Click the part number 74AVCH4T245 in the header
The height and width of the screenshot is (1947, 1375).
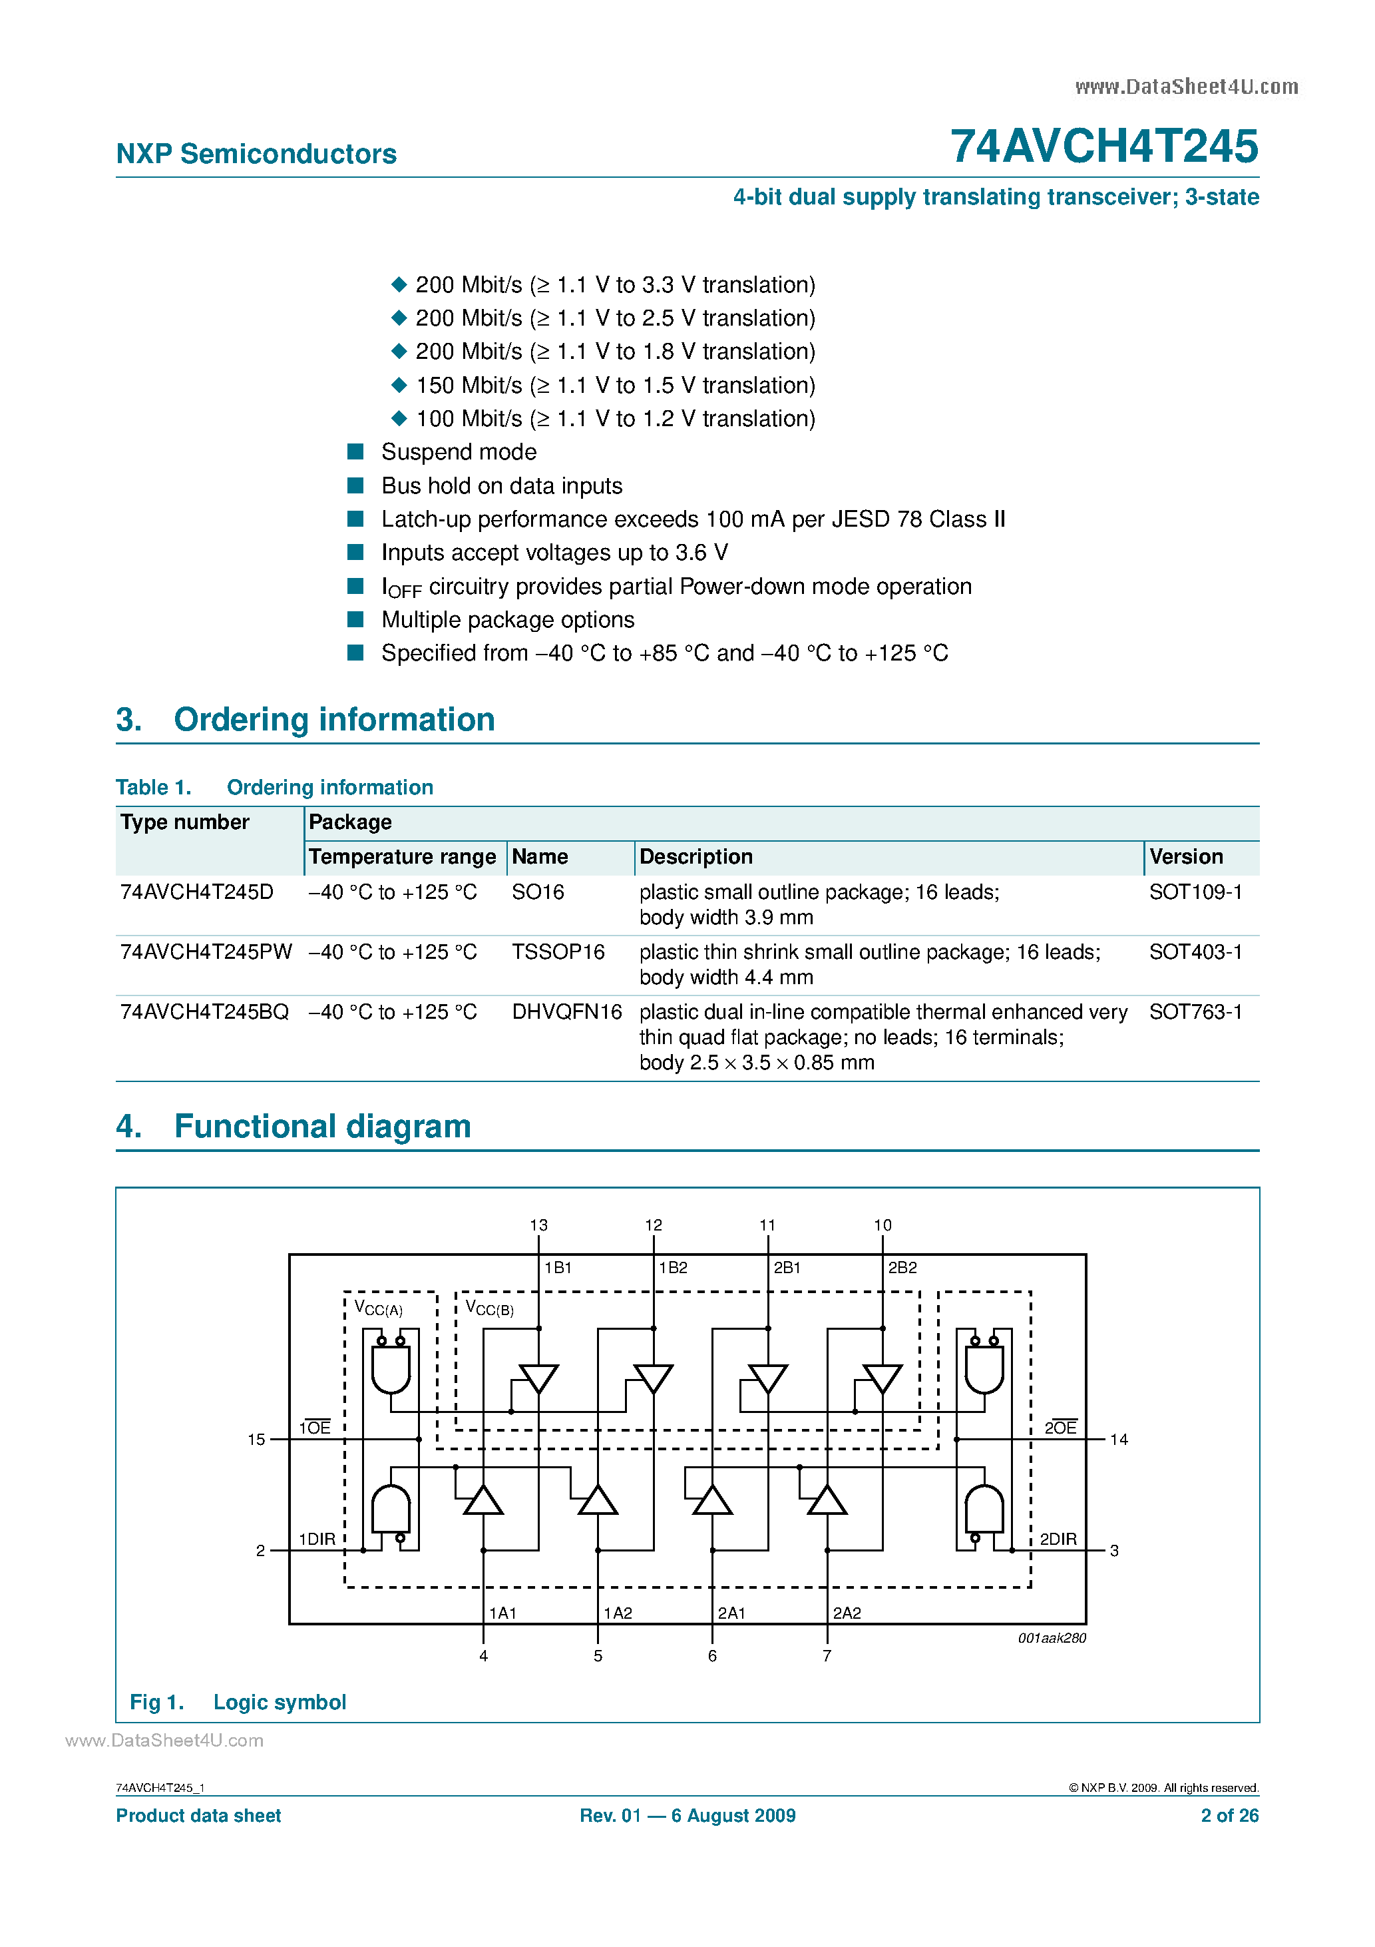1103,146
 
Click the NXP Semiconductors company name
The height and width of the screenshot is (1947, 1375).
256,154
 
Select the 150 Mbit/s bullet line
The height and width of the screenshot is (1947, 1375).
614,385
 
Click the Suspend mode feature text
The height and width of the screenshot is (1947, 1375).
459,452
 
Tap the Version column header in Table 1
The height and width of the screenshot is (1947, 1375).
1185,856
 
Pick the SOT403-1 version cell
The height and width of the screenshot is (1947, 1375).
1195,952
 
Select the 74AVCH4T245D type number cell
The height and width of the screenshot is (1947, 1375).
197,892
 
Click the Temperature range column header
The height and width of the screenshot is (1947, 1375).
402,856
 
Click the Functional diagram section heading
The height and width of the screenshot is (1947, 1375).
321,1126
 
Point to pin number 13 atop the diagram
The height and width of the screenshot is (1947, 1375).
538,1225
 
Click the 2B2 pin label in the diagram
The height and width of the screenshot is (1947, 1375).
902,1268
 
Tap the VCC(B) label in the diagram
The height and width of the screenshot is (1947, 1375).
489,1308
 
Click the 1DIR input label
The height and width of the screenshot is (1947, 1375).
317,1539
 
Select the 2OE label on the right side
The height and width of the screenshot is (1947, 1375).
1060,1428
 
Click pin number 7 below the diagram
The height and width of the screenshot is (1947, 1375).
827,1656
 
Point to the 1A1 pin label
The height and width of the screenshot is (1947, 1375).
502,1613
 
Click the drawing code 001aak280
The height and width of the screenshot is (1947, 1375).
1051,1638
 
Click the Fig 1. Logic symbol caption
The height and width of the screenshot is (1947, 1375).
238,1702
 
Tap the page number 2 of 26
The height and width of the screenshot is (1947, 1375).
1229,1816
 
